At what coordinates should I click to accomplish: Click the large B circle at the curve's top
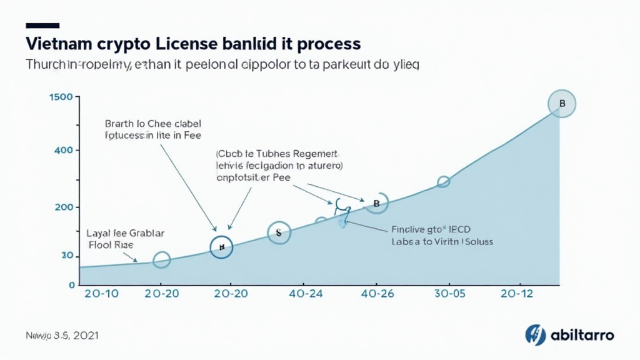(561, 104)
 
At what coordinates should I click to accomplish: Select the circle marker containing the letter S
(279, 232)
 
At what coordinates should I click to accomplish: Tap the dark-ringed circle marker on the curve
(221, 247)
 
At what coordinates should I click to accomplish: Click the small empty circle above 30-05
(443, 182)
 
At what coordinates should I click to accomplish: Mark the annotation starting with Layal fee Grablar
(125, 239)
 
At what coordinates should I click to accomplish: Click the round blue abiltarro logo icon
(536, 335)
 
